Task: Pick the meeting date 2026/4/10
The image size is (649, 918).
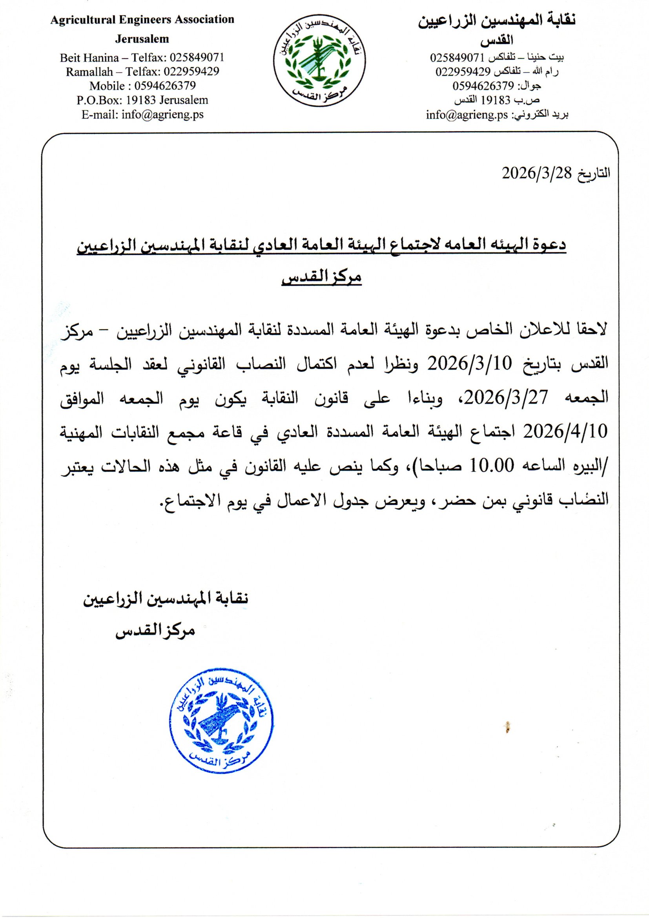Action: point(565,431)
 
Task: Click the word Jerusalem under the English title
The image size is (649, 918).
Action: point(142,39)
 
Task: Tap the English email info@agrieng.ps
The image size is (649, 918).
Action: point(162,115)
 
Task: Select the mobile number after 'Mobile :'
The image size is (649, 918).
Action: point(165,86)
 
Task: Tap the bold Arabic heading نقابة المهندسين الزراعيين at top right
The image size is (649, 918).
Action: point(497,21)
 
